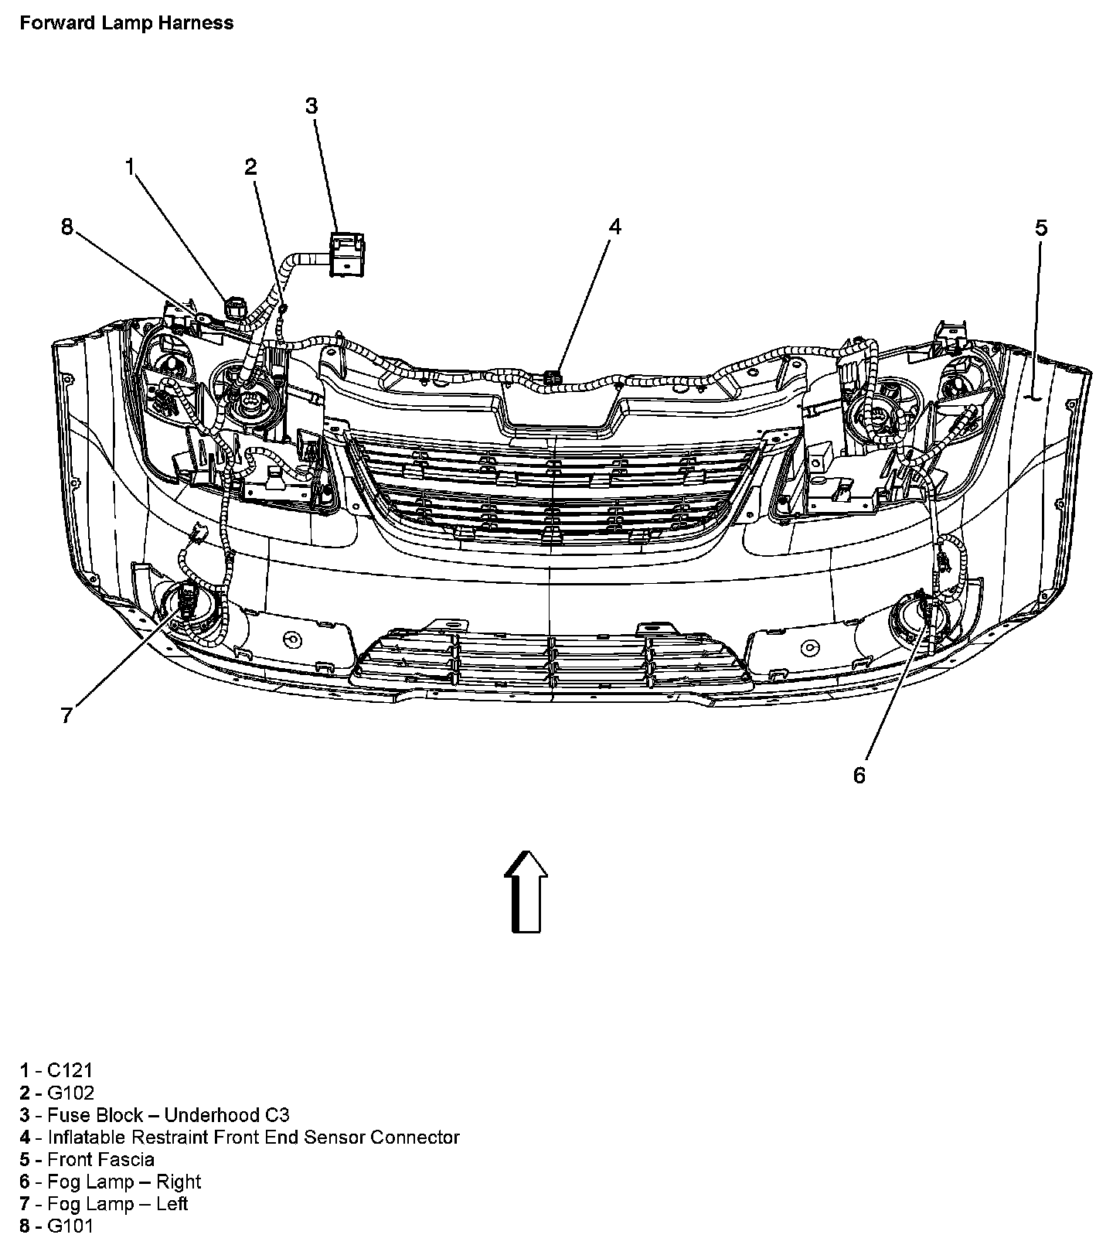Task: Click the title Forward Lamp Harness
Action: [x=126, y=23]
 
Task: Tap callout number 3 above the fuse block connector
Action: [x=311, y=106]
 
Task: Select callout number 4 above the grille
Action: [x=614, y=227]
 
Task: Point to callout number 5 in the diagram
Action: [x=1041, y=228]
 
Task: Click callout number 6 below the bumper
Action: [x=859, y=775]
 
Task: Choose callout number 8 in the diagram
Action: [x=66, y=227]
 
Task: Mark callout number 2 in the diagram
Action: [x=250, y=166]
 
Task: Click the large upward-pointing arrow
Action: [x=526, y=891]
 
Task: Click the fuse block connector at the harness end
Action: [x=347, y=253]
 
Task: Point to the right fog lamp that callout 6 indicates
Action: [x=921, y=615]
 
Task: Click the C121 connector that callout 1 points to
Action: [x=234, y=309]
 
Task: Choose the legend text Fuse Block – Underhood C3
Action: [x=155, y=1115]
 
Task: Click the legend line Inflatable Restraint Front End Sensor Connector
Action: [x=240, y=1138]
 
